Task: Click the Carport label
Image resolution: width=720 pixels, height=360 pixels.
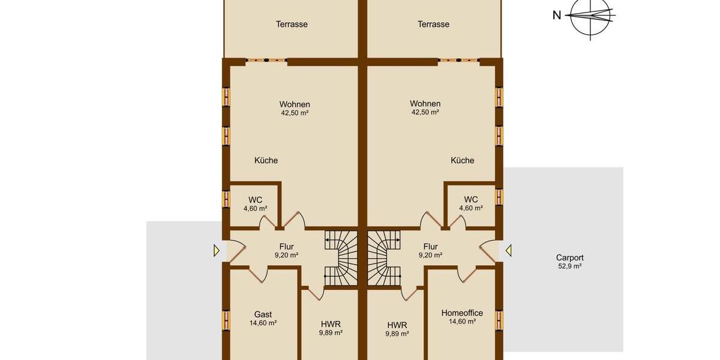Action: pyautogui.click(x=569, y=257)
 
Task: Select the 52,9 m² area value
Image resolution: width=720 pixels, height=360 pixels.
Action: pyautogui.click(x=569, y=266)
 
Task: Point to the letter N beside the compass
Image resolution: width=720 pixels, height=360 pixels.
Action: pyautogui.click(x=557, y=16)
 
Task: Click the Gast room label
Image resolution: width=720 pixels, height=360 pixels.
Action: pyautogui.click(x=263, y=314)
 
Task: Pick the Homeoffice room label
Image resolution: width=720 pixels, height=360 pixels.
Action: pyautogui.click(x=462, y=313)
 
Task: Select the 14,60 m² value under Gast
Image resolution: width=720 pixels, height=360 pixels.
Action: pyautogui.click(x=263, y=323)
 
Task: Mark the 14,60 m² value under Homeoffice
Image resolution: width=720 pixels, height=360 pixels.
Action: pyautogui.click(x=462, y=322)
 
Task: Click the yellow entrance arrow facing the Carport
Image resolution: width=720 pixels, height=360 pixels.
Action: pyautogui.click(x=508, y=250)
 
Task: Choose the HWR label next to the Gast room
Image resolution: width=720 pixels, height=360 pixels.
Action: pyautogui.click(x=331, y=324)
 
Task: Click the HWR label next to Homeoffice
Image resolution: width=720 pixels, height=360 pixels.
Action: pyautogui.click(x=397, y=325)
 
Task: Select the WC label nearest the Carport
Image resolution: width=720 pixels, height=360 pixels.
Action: pyautogui.click(x=471, y=199)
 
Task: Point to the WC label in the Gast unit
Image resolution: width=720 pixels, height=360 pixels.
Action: pyautogui.click(x=255, y=199)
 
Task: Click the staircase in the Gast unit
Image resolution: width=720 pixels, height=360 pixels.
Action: pyautogui.click(x=340, y=258)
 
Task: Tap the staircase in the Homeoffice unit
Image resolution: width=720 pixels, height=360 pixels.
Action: pyautogui.click(x=384, y=258)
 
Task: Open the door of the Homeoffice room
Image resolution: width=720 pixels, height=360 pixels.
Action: pyautogui.click(x=467, y=275)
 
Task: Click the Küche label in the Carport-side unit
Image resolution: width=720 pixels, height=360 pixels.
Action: pyautogui.click(x=463, y=160)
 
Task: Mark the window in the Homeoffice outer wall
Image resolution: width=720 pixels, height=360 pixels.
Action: pyautogui.click(x=499, y=320)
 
